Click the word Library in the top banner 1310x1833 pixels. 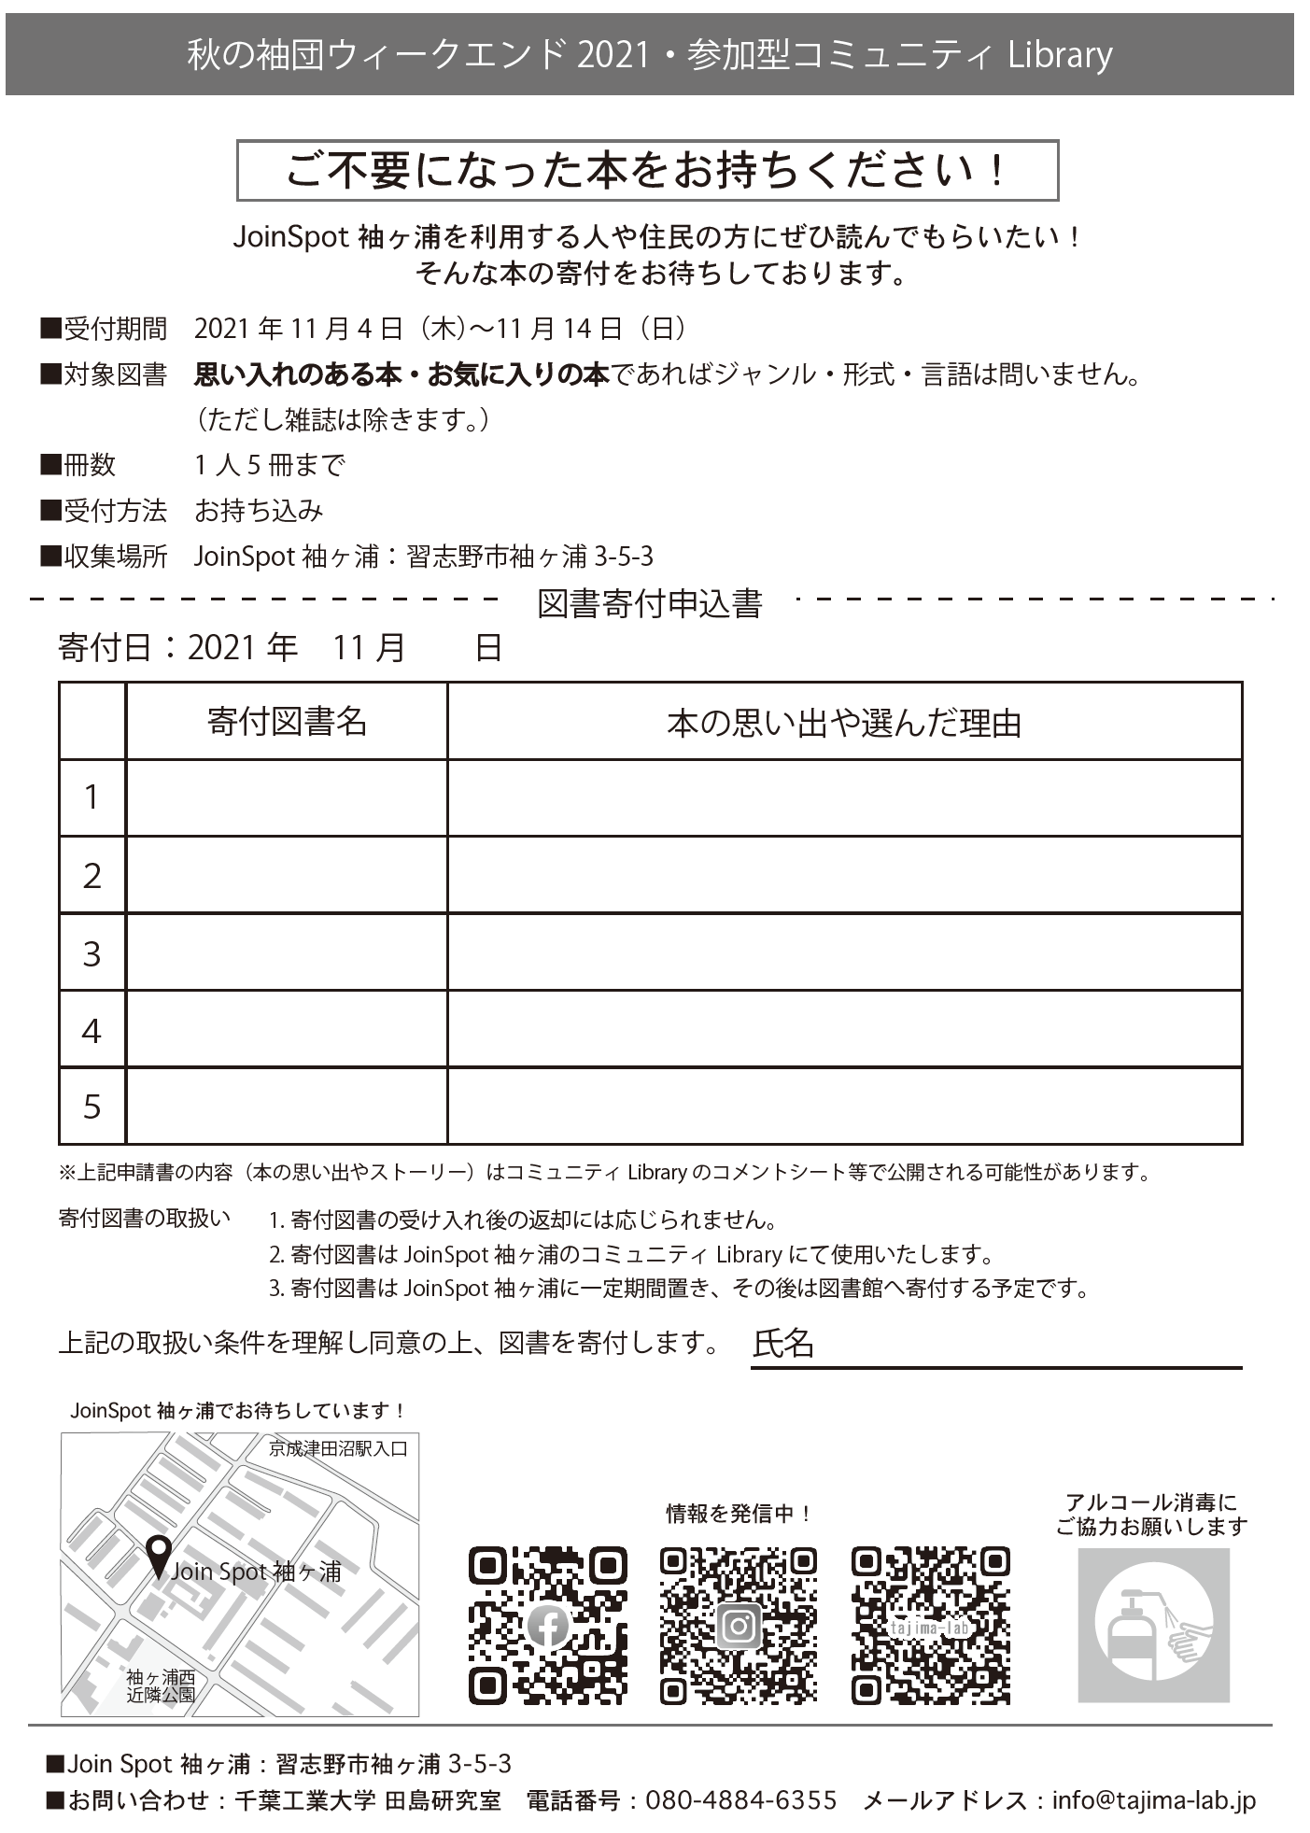[x=1060, y=55]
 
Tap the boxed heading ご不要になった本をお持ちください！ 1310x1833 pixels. [x=647, y=171]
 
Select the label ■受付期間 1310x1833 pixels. [x=104, y=329]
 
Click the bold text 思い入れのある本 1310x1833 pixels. [x=297, y=375]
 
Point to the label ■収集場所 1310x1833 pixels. [x=104, y=557]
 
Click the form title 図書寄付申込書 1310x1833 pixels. [x=650, y=604]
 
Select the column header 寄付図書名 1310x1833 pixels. [x=287, y=722]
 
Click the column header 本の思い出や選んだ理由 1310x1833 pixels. [x=844, y=723]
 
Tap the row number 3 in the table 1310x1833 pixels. [x=92, y=953]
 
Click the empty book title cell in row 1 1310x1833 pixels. [x=287, y=798]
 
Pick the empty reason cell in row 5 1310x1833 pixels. [x=844, y=1107]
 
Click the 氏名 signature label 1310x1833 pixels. [x=783, y=1343]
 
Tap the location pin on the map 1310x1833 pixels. [x=159, y=1556]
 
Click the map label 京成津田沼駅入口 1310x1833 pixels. [x=338, y=1450]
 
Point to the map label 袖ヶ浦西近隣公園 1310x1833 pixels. [x=161, y=1685]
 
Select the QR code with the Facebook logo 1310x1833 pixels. [x=548, y=1626]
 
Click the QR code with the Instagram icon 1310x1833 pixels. [x=739, y=1626]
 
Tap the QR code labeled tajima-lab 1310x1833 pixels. [x=930, y=1626]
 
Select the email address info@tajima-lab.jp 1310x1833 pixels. [x=1153, y=1800]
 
